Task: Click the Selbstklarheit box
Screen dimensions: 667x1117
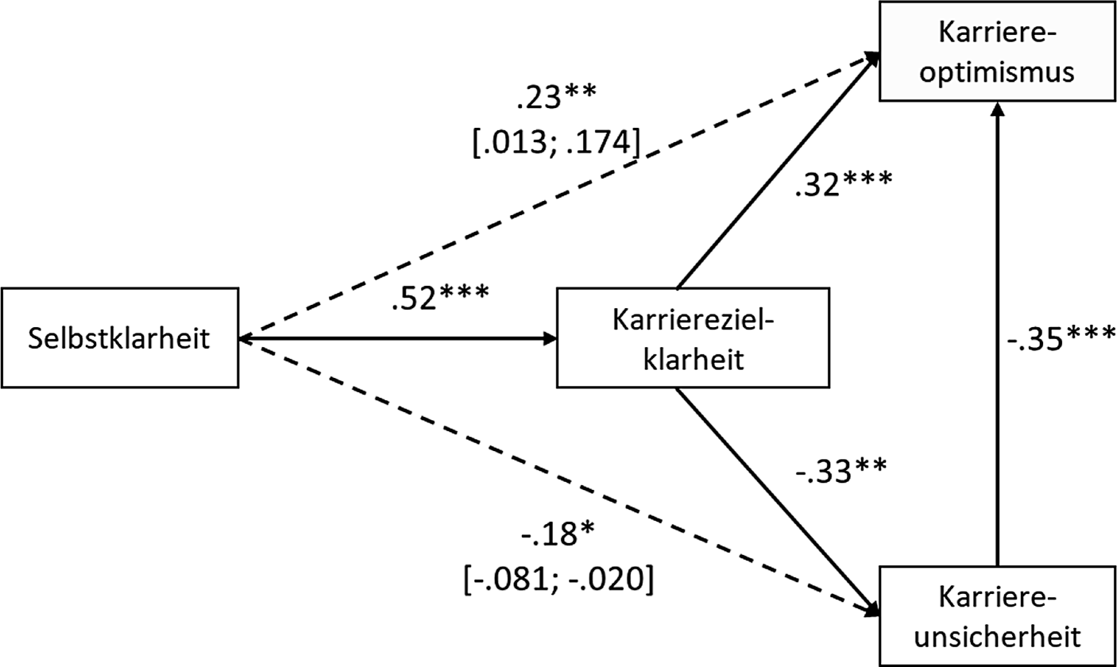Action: tap(119, 339)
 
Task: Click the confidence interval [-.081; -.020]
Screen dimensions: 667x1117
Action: tap(557, 581)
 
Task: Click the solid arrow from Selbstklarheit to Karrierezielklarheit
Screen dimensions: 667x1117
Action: tap(397, 339)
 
